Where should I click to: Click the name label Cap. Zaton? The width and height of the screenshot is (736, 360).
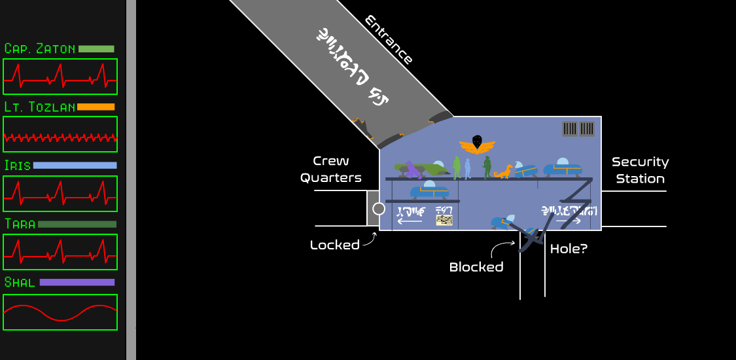39,49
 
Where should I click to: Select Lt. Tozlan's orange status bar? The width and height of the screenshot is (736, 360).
96,107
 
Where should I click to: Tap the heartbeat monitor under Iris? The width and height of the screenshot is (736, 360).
60,193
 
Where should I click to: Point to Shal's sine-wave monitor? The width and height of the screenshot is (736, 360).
60,312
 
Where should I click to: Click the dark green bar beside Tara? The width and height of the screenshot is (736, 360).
77,225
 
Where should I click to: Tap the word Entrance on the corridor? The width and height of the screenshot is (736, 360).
389,40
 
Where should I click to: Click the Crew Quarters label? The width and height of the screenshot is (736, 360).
331,169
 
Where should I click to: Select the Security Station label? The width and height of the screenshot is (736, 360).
640,170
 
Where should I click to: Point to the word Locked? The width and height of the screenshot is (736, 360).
334,245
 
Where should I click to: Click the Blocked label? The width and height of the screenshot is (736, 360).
476,267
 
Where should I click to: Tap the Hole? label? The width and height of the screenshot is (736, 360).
569,249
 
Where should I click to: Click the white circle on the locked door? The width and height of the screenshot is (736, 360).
378,209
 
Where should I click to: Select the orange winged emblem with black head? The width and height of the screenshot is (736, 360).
477,143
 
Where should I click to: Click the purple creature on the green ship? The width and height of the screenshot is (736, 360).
412,170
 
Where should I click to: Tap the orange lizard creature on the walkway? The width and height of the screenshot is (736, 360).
504,172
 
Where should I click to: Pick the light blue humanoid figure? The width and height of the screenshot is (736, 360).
468,168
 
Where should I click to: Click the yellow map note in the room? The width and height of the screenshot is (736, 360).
444,219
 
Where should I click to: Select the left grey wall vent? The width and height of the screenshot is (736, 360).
570,128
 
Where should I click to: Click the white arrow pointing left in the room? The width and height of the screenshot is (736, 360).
410,221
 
